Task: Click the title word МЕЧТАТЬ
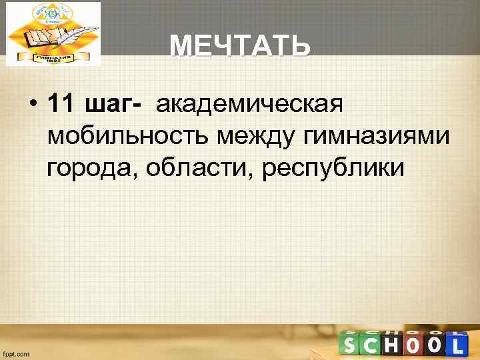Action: [239, 47]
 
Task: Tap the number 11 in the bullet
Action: [63, 105]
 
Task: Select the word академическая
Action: [249, 105]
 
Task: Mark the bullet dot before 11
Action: [31, 105]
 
